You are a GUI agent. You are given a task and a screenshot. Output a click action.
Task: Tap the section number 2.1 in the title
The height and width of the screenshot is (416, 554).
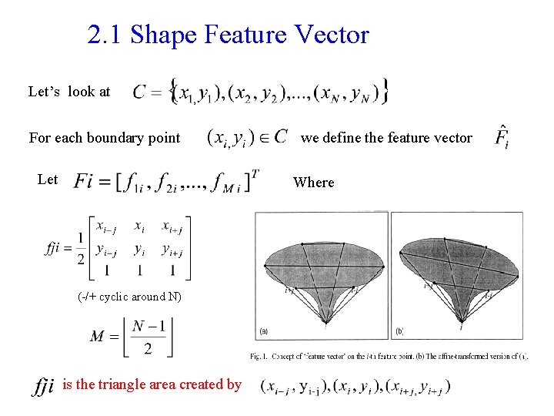[x=105, y=35]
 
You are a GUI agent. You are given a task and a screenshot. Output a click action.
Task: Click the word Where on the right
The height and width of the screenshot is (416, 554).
[x=314, y=183]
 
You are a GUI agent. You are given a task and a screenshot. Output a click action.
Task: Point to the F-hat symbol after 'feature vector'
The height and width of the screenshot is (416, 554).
[x=502, y=138]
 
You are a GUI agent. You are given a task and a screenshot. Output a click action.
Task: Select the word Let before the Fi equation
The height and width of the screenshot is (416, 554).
[x=48, y=179]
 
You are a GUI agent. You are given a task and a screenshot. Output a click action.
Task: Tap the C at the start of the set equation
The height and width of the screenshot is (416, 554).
[x=141, y=93]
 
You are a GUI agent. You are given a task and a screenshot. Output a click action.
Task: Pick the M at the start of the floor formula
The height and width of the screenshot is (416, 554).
[x=98, y=337]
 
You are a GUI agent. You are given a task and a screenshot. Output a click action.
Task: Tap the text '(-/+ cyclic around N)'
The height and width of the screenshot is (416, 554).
[x=130, y=297]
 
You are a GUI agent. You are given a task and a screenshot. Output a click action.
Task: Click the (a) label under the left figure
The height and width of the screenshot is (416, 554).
[x=264, y=332]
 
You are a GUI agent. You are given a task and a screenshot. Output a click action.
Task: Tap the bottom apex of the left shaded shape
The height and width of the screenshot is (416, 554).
[x=326, y=323]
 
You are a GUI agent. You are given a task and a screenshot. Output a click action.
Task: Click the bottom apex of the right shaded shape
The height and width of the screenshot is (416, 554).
[x=461, y=322]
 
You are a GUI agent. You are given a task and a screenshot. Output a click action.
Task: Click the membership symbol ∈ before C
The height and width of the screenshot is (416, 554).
[x=259, y=138]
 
